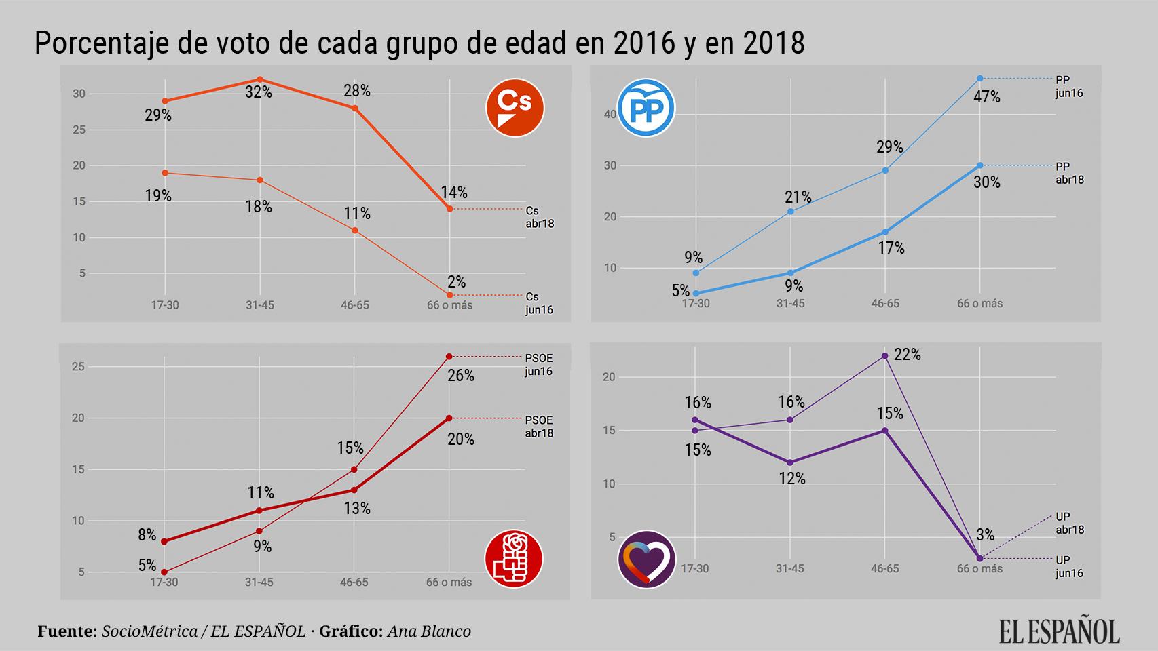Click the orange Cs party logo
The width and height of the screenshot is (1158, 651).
coord(515,108)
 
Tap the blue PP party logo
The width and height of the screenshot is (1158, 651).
coord(646,108)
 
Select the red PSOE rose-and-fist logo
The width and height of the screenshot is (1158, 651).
coord(514,559)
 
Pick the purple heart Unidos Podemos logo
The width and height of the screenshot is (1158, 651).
coord(646,559)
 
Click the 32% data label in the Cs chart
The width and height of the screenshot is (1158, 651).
coord(259,92)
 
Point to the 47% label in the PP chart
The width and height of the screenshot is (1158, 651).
coord(986,97)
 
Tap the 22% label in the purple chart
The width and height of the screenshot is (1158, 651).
coord(907,355)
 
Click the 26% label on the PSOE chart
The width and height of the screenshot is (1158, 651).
coord(461,376)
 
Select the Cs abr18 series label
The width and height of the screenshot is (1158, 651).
coord(540,217)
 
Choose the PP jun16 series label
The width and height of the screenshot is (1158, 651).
coord(1069,87)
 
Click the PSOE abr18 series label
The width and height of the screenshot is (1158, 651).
coord(539,427)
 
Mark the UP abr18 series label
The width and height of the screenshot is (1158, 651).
coord(1070,524)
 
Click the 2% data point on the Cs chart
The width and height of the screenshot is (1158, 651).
coord(449,295)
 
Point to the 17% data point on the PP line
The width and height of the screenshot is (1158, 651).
coord(885,232)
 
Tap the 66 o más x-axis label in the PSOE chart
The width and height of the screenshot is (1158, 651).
coord(449,582)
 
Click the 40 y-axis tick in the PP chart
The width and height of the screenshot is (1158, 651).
coord(610,114)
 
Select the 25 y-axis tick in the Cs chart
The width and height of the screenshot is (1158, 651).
coord(79,130)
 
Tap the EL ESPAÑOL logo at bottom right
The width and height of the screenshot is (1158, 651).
coord(1059,630)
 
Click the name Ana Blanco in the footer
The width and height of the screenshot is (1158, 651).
coord(429,631)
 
